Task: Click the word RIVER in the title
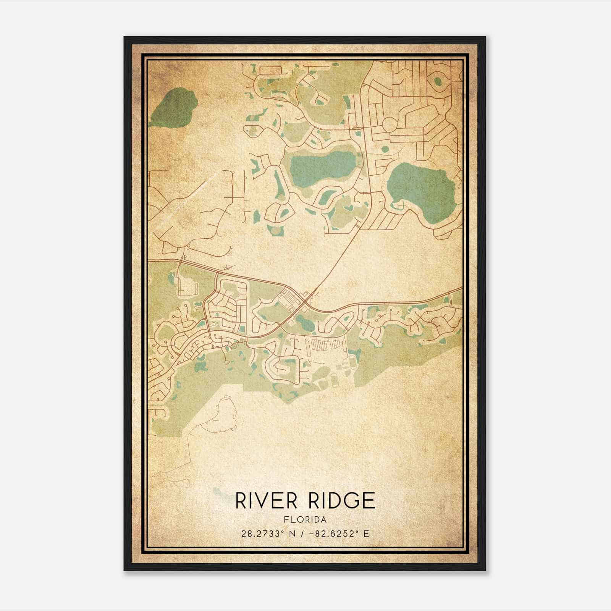point(266,501)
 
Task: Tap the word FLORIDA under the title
point(305,520)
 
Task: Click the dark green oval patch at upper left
point(174,108)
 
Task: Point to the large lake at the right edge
point(420,186)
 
